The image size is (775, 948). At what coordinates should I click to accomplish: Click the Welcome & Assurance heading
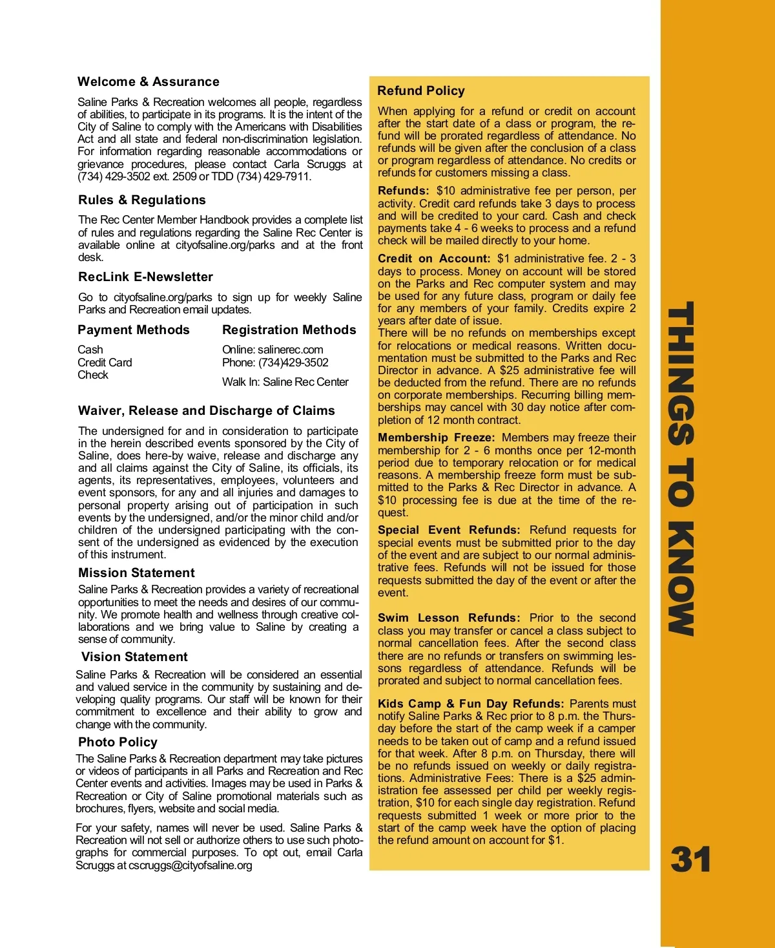148,82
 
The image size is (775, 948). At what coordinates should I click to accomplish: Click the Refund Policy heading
421,91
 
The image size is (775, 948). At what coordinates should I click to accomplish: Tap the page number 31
690,860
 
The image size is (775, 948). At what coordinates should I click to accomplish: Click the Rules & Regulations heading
141,200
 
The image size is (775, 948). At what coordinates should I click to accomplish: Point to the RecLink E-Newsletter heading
145,277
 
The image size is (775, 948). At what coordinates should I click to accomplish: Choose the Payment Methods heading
134,330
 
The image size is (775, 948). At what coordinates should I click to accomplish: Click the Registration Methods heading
289,330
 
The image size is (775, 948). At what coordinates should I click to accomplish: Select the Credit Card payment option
105,363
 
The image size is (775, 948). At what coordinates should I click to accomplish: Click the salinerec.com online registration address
290,350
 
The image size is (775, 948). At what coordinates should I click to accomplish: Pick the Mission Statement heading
136,573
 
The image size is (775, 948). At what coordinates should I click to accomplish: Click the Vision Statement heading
134,657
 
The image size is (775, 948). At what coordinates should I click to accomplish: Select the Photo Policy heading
118,743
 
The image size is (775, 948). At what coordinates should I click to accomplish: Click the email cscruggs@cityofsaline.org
190,865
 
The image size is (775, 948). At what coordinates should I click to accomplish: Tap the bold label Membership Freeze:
436,438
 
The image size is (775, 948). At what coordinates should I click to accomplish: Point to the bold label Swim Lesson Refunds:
448,618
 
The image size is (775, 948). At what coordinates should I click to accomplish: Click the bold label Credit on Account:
434,259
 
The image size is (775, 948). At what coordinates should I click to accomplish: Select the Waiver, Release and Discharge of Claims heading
206,411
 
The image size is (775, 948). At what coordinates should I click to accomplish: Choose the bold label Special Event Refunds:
448,531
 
